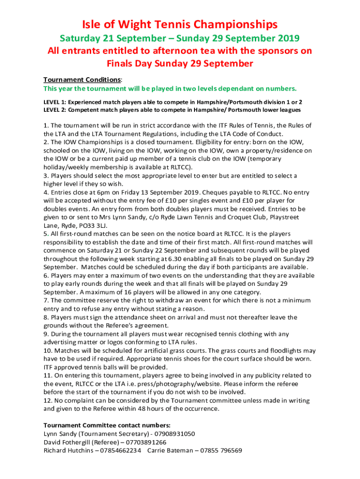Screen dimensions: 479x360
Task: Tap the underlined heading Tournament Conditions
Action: [x=82, y=80]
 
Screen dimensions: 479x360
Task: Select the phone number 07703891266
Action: [x=143, y=442]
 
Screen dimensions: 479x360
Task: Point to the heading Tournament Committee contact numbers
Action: [x=107, y=425]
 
